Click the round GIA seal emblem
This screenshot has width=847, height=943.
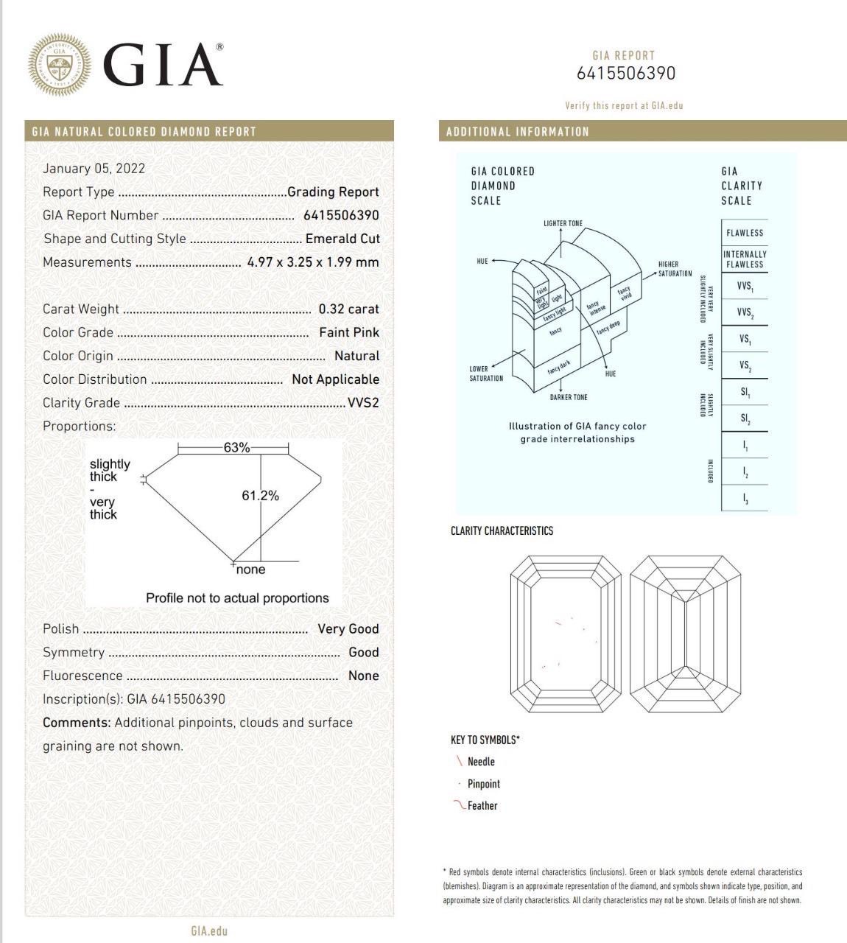pos(60,63)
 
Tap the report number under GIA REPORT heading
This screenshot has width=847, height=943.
pos(625,74)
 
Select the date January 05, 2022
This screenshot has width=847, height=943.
pos(94,168)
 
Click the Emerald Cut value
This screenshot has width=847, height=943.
pos(342,239)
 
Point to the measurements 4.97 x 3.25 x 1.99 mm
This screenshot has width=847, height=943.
pos(313,262)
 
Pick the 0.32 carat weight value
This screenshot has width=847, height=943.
pos(348,309)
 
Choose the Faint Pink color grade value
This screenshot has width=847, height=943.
pos(349,332)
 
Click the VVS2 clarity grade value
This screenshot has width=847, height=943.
pos(363,403)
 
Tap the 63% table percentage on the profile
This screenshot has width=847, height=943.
pos(236,447)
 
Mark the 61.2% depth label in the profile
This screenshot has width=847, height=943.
pos(260,496)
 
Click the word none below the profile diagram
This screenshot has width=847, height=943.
pos(251,569)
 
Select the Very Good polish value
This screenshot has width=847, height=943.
pos(348,628)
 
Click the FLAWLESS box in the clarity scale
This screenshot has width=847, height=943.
pos(745,233)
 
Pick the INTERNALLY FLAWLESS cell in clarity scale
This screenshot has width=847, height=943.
pos(745,259)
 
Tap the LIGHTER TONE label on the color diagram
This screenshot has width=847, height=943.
pos(563,223)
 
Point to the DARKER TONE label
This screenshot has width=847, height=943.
pos(569,398)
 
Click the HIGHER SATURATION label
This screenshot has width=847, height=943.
pos(675,269)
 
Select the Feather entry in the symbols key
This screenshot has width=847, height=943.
pos(482,806)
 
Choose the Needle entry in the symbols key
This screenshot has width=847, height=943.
pos(480,762)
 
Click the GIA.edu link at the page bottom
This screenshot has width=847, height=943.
pos(209,930)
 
